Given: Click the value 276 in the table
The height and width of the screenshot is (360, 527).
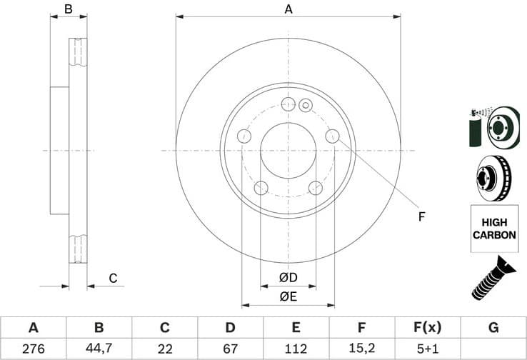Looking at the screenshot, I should click(x=33, y=349).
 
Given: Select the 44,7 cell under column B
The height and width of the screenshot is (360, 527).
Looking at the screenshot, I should click(x=99, y=349).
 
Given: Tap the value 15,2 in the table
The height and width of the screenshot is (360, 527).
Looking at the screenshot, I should click(x=362, y=349).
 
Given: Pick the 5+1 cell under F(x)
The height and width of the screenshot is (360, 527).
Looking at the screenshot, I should click(x=428, y=349).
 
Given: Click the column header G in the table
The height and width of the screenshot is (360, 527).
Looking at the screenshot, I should click(x=493, y=328).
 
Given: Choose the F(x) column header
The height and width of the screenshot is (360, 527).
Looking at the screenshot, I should click(x=428, y=328).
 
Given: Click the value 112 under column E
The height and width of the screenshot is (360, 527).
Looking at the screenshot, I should click(x=296, y=349).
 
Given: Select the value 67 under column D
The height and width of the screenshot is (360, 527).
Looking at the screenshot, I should click(x=231, y=349).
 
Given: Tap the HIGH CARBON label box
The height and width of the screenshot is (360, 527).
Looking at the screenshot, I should click(x=493, y=229).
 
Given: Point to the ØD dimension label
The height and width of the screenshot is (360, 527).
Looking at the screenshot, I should click(x=288, y=277).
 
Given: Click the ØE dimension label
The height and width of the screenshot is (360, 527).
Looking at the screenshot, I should click(x=288, y=296).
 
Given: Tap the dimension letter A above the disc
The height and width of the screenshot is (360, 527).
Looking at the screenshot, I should click(x=288, y=9).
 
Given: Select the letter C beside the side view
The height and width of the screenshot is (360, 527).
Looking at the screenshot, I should click(x=112, y=278).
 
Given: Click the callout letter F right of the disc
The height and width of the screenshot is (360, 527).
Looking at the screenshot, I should click(x=421, y=216).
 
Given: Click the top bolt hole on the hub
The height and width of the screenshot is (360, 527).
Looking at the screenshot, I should click(x=288, y=104).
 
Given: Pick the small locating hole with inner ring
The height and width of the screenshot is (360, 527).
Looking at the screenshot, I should click(x=305, y=106).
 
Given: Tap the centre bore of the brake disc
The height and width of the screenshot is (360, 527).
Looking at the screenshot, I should click(x=288, y=151).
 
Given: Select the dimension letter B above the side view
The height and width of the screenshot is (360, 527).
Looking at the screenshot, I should click(x=69, y=9).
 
